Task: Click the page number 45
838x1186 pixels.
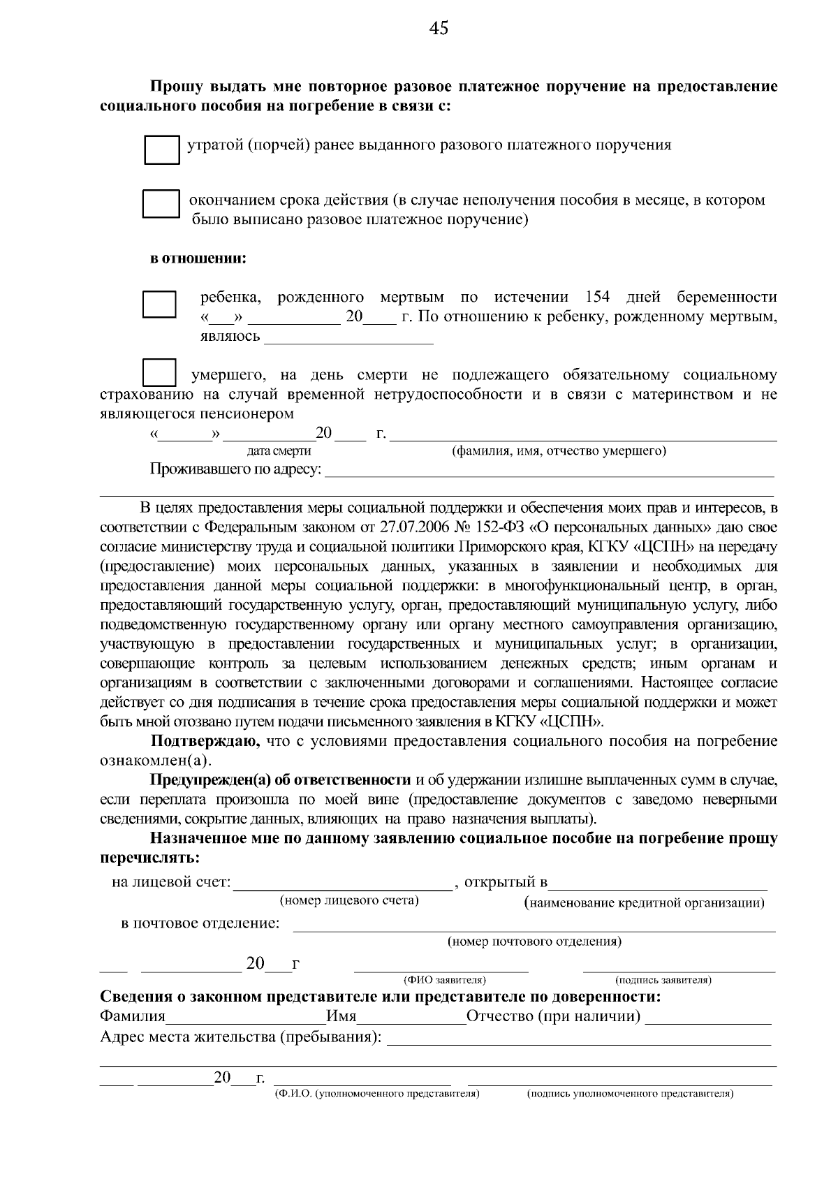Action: [439, 28]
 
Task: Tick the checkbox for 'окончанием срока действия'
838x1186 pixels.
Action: [161, 204]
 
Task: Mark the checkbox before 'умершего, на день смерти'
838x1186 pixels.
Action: [159, 372]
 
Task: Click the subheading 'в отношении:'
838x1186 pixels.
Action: [198, 259]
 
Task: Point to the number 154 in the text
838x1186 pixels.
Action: [597, 297]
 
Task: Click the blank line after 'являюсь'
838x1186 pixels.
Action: [348, 337]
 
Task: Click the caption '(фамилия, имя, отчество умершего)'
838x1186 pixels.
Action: [559, 451]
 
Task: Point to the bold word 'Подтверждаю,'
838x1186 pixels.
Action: [206, 741]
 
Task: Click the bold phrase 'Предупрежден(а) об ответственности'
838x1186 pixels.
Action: [281, 779]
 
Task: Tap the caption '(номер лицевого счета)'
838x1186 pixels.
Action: [348, 900]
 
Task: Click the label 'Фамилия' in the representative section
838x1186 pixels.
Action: [133, 1016]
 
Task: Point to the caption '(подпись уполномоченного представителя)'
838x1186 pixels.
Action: [629, 1093]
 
